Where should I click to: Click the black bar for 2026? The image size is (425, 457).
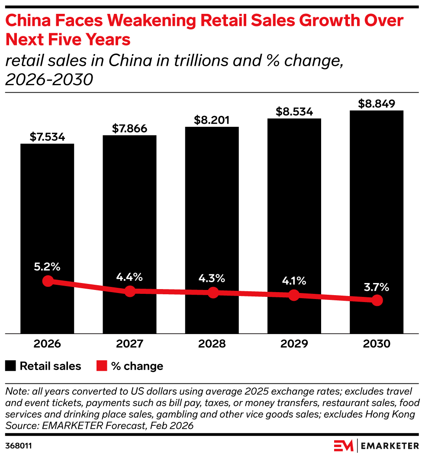pos(47,238)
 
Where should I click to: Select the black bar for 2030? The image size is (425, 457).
pos(377,222)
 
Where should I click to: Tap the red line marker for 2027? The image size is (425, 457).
pos(130,291)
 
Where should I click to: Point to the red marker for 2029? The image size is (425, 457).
pos(294,295)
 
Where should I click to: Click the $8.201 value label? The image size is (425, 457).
pos(212,120)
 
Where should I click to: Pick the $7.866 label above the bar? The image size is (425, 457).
pos(130,129)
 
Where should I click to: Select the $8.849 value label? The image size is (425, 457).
pos(377,104)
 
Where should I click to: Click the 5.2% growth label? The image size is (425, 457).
pos(47,267)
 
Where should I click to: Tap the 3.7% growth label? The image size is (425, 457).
pos(377,287)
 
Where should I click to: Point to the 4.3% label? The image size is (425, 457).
pos(212,278)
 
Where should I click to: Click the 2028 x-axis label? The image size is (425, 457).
pos(212,344)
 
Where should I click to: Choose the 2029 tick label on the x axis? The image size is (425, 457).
pos(294,344)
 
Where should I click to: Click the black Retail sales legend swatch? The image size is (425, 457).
pos(10,366)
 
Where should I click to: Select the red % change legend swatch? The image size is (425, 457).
pos(102,366)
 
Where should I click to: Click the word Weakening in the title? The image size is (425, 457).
pos(151,21)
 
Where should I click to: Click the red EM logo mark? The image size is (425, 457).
pos(344,446)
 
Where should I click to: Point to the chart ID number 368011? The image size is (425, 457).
pos(18,446)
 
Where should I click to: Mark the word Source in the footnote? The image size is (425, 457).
pos(22,425)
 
